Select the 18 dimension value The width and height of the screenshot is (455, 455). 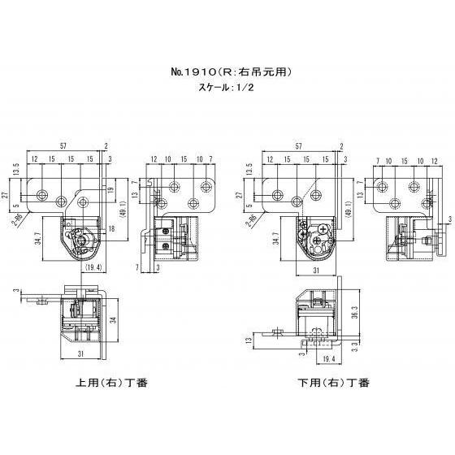[111, 232]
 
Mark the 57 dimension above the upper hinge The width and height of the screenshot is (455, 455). [63, 145]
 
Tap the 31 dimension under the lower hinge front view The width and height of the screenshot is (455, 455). [315, 269]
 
